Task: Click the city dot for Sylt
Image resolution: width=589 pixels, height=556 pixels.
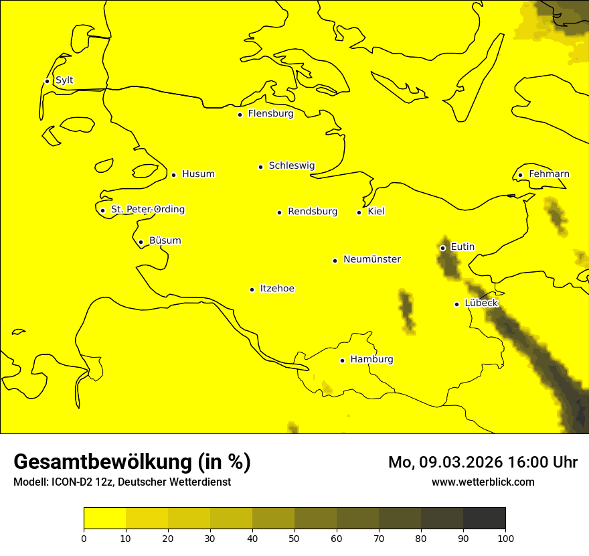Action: pos(47,81)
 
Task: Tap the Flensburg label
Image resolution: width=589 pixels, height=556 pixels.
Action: pos(270,114)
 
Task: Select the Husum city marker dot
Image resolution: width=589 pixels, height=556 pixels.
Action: pos(173,175)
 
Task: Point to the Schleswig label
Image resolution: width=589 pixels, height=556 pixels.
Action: pos(291,166)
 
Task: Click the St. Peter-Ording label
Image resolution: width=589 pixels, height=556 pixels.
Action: pos(147,210)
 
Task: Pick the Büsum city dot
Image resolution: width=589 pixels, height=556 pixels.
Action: pos(141,242)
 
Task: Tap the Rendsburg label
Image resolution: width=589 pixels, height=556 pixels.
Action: pos(312,212)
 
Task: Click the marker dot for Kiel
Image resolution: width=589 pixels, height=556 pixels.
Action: pos(359,212)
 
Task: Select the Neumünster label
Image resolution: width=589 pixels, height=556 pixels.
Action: pos(371,259)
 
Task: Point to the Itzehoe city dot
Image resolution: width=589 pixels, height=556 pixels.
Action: pos(252,289)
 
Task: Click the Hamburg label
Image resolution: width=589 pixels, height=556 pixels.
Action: pos(371,360)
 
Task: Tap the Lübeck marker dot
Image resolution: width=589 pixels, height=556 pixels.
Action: pos(457,304)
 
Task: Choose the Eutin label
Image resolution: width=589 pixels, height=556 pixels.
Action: pos(462,247)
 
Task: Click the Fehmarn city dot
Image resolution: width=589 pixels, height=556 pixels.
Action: pos(520,176)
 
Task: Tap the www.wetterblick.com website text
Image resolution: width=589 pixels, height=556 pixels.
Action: pos(483,482)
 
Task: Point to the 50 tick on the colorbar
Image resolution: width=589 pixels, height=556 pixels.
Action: pos(294,538)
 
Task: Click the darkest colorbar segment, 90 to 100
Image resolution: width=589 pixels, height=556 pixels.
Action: pos(484,518)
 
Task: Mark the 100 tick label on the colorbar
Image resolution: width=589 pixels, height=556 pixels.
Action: pos(505,538)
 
